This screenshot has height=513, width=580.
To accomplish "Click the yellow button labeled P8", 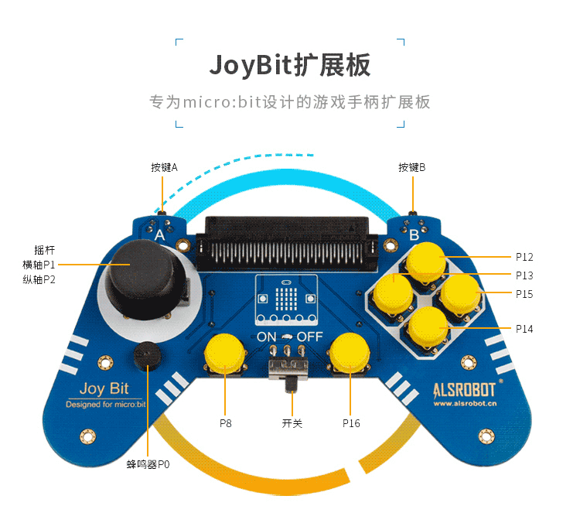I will tap(225, 354).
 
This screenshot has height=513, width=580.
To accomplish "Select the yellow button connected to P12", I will tap(426, 262).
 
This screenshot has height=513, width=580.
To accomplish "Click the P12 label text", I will tap(524, 257).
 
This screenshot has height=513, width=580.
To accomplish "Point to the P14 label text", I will tap(524, 329).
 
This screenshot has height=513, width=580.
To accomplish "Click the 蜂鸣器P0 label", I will tap(148, 464).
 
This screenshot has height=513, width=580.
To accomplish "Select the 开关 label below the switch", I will tap(293, 423).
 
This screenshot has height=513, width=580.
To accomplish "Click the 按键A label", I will tap(164, 166).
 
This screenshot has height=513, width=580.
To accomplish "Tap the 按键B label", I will tap(412, 166).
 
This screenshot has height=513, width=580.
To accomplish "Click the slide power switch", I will tap(291, 369).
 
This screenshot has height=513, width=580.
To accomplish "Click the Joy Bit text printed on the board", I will tap(104, 389).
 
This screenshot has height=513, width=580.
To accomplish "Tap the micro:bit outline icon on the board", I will tap(288, 300).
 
